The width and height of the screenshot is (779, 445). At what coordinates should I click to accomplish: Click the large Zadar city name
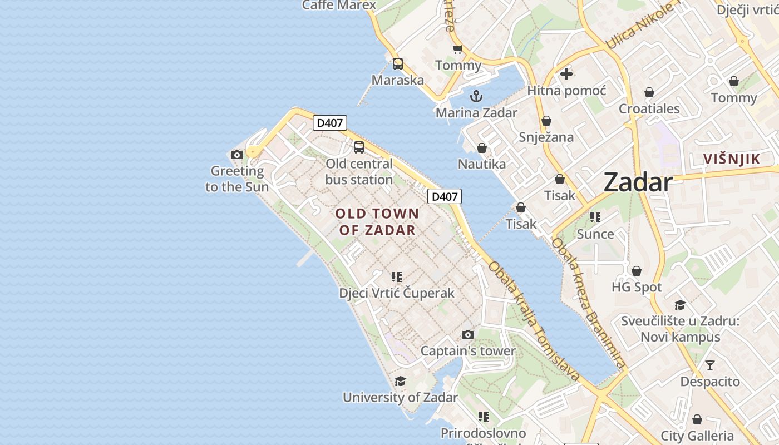tap(638, 182)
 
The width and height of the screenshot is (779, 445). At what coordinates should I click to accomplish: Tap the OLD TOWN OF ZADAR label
tap(377, 221)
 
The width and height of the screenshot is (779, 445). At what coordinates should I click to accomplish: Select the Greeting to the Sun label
tap(237, 179)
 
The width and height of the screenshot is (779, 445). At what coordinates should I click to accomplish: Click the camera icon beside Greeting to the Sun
tap(237, 155)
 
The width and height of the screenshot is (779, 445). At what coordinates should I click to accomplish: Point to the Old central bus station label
tap(359, 171)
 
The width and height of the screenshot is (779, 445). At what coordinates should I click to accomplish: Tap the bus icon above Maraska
tap(397, 64)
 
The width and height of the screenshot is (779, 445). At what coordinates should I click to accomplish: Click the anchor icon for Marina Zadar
tap(476, 96)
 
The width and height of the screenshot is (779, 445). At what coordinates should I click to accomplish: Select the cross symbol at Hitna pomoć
tap(566, 73)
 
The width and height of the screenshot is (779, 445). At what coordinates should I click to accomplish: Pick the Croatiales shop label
tap(649, 108)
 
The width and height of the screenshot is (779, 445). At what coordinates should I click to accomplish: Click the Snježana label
tap(546, 137)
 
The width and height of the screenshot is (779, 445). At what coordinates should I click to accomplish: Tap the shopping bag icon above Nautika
tap(482, 148)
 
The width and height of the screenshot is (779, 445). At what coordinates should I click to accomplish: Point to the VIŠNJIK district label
tap(731, 159)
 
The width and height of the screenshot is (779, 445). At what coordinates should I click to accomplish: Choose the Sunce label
tap(595, 234)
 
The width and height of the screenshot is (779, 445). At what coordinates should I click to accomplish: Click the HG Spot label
tap(637, 287)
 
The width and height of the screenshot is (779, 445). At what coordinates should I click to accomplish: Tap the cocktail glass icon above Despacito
tap(710, 365)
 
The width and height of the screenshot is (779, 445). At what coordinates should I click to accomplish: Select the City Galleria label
tap(697, 436)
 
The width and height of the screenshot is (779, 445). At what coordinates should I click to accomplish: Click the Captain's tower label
tap(468, 351)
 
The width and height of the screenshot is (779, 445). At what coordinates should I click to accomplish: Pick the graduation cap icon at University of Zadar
tap(400, 381)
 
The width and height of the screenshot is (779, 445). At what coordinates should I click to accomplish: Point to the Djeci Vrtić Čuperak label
tap(397, 293)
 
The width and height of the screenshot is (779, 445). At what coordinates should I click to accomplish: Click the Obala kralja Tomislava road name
tap(534, 322)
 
